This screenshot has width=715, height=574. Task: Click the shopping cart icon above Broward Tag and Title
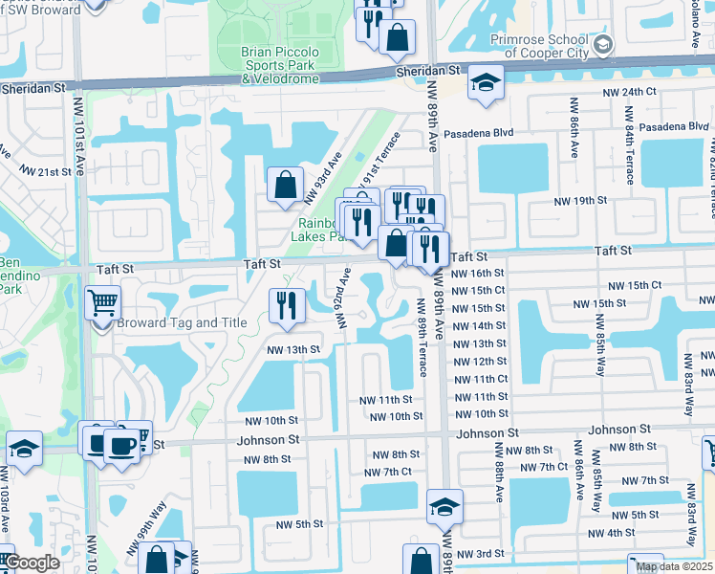pyautogui.click(x=102, y=304)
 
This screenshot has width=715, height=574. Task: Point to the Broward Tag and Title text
pyautogui.click(x=182, y=323)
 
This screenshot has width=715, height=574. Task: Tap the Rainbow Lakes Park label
pyautogui.click(x=319, y=229)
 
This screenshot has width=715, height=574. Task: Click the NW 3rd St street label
pyautogui.click(x=478, y=554)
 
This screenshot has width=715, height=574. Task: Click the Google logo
pyautogui.click(x=31, y=563)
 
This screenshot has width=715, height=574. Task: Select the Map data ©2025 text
pyautogui.click(x=674, y=566)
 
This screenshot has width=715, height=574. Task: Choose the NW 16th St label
pyautogui.click(x=477, y=273)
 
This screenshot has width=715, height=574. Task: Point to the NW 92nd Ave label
pyautogui.click(x=341, y=297)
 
